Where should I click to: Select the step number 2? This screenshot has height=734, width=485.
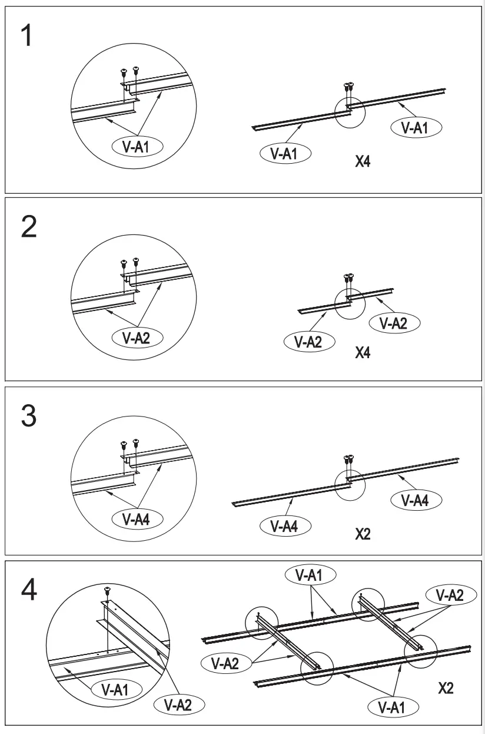[x=29, y=228]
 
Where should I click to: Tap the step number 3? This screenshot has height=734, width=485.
[x=29, y=416]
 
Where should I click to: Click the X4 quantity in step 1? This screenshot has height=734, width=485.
[x=363, y=161]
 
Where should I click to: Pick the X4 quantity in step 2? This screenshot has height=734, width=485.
[x=363, y=353]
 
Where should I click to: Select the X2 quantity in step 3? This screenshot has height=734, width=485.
[x=363, y=534]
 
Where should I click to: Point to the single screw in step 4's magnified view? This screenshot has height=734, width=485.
[x=107, y=590]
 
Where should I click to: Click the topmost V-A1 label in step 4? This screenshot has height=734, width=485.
[x=310, y=575]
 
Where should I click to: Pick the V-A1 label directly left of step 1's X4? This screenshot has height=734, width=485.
[x=285, y=154]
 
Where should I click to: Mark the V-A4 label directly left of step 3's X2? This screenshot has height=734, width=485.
[x=285, y=525]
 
